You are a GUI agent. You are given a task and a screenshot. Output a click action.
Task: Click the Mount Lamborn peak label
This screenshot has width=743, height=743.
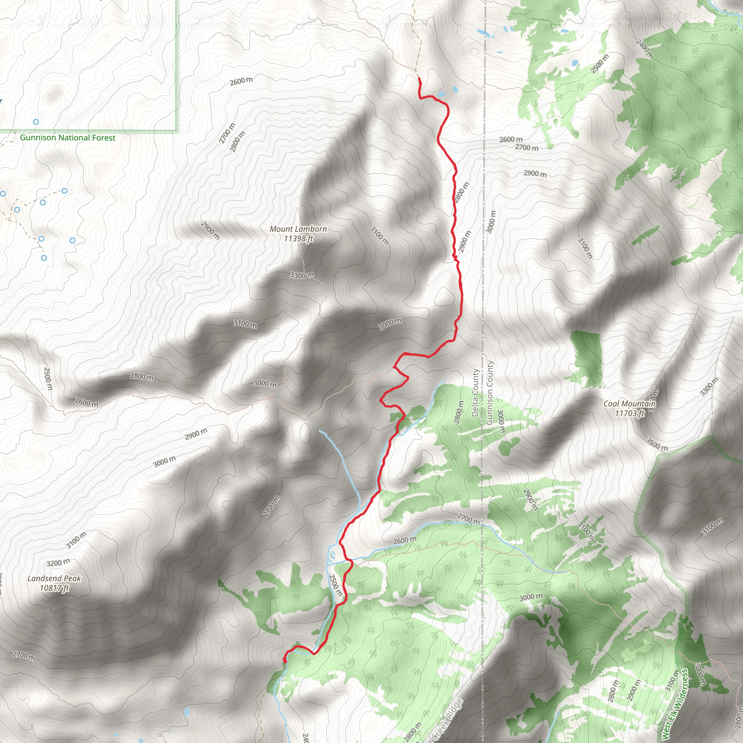tap(298, 229)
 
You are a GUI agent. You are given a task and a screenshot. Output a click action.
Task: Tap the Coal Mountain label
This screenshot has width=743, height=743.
tap(629, 403)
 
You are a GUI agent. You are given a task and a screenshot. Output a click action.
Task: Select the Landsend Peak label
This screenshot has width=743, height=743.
tap(54, 578)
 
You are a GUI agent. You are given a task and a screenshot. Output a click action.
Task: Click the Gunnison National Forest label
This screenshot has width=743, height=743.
tap(68, 137)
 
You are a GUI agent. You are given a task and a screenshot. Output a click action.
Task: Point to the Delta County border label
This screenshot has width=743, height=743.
tap(475, 393)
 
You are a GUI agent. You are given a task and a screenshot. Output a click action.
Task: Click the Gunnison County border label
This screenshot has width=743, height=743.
tap(489, 393)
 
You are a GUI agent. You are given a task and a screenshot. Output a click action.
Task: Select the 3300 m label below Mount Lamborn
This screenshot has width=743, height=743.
tap(302, 275)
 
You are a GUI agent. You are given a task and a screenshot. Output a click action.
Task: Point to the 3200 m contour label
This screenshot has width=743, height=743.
tap(58, 563)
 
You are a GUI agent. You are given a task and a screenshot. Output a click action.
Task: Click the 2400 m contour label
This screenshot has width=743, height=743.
tap(644, 49)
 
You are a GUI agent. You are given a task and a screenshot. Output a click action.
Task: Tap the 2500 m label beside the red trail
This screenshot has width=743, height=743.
tap(335, 585)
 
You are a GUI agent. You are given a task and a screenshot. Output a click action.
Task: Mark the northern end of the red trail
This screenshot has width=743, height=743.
tap(419, 78)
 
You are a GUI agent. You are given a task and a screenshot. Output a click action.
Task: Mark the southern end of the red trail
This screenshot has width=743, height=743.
tap(284, 661)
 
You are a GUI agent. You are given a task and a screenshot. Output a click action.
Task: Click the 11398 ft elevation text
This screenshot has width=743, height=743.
tap(299, 238)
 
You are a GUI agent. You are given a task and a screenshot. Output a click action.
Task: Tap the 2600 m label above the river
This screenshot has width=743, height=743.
tap(404, 541)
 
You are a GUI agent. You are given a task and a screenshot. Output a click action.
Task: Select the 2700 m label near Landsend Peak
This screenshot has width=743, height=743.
tap(24, 655)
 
